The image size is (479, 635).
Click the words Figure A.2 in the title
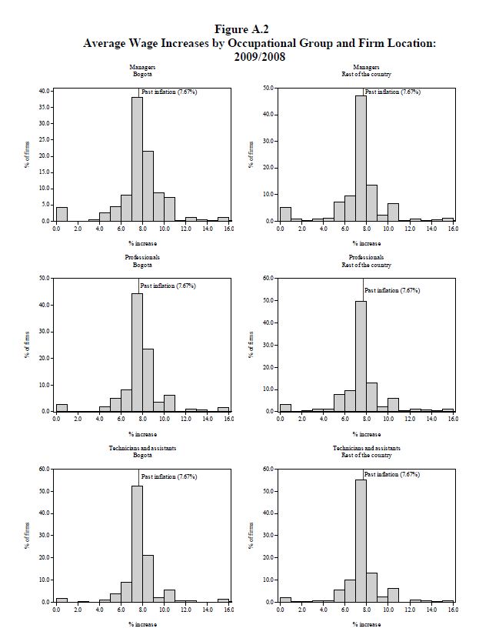(x=241, y=29)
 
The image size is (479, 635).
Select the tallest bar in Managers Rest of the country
(x=361, y=158)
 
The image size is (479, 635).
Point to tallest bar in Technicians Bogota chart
(x=137, y=543)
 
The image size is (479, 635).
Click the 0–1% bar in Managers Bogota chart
(x=62, y=214)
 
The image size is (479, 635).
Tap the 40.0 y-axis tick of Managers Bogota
(x=44, y=91)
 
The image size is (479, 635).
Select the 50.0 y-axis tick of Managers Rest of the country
(x=269, y=89)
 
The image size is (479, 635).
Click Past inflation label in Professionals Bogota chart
(x=168, y=286)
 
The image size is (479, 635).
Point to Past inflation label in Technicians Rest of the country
(x=392, y=475)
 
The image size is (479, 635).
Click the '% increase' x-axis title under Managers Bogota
(x=142, y=243)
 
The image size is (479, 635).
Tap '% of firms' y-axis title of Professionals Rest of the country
(x=251, y=344)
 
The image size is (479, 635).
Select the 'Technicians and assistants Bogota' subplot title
(x=142, y=451)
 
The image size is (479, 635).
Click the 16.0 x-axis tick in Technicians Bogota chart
(x=228, y=610)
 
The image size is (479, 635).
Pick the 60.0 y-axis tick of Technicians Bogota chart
(x=44, y=469)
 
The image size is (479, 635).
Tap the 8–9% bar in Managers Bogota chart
(x=148, y=185)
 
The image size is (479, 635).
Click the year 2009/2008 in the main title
(x=259, y=56)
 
